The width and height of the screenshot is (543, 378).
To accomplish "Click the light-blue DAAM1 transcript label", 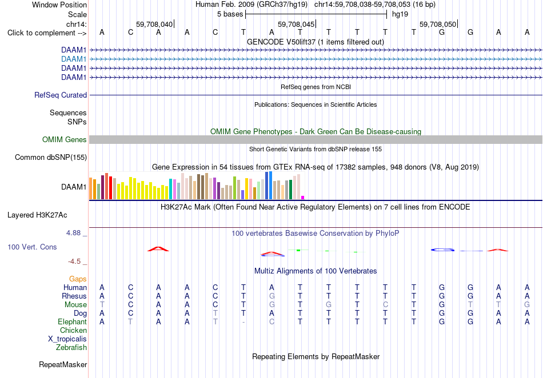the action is coord(74,59).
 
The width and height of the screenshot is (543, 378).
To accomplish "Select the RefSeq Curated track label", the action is coord(61,95).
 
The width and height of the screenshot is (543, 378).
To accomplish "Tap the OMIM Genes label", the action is coord(65,140).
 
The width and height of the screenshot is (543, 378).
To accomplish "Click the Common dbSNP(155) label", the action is coord(51,158).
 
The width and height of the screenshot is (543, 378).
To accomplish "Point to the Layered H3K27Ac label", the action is coord(37,215).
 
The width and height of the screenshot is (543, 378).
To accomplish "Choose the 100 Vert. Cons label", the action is coord(32,247).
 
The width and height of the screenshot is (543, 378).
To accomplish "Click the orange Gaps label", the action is coord(78,279).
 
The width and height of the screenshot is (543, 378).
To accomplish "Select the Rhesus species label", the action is coord(74,296).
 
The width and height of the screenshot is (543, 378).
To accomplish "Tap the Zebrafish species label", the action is coord(71,348).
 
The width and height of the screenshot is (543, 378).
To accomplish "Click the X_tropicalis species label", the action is coord(67,339).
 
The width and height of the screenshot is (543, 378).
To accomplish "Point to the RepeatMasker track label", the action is coord(63,365).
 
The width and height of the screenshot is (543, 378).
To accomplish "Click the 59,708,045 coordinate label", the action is coord(296,24).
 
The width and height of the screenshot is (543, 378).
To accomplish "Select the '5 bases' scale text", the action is coord(230,14).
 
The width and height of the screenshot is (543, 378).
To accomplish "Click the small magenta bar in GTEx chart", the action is coord(303,198).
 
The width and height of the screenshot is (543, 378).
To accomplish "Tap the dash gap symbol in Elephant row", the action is coord(243,322).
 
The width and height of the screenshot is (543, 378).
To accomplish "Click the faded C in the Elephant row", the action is coord(272,322).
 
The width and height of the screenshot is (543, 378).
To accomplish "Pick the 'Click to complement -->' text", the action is coord(47,33).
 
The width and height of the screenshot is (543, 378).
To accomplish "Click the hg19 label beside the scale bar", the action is coord(400,14).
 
